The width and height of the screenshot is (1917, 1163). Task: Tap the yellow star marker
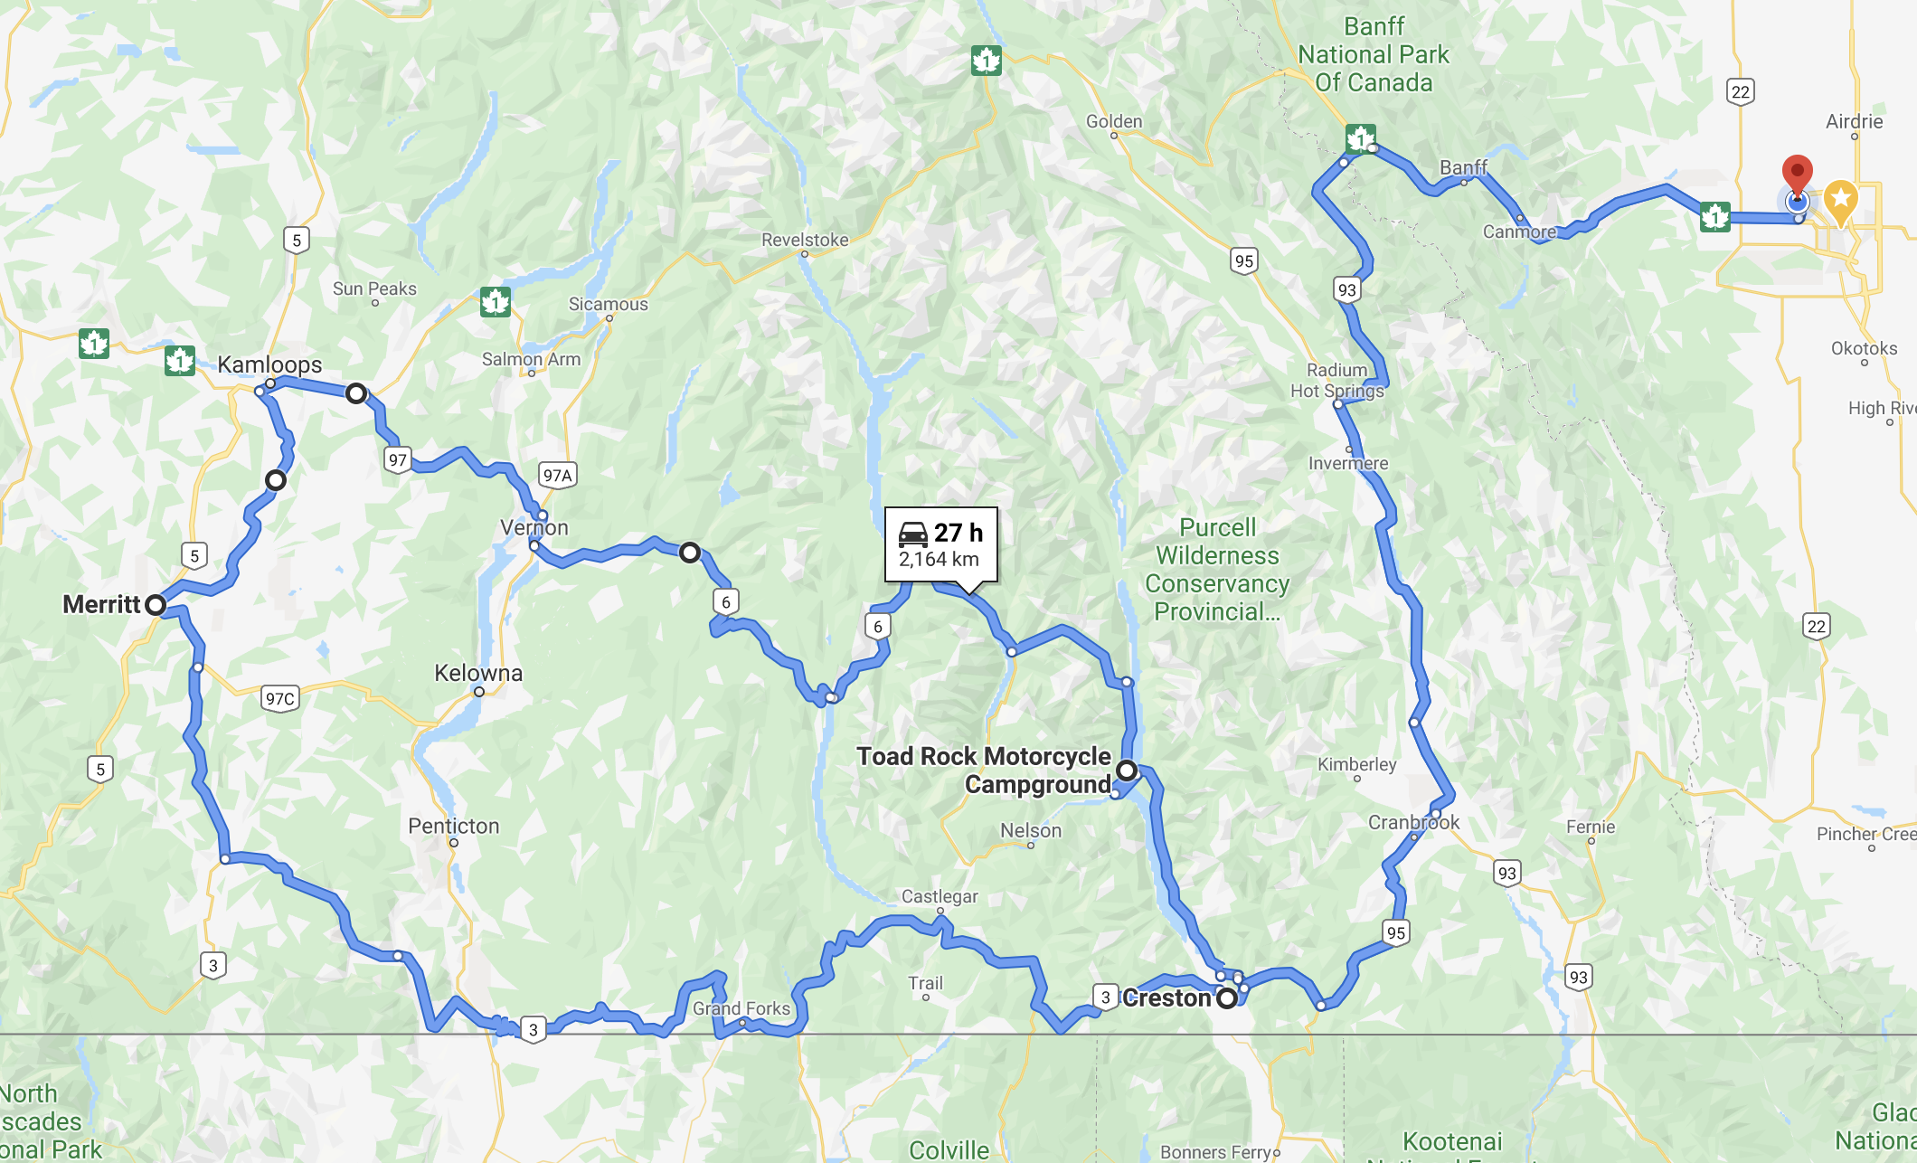point(1840,200)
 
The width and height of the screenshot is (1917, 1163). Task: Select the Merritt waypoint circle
point(156,604)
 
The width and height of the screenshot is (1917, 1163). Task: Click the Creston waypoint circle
point(1226,998)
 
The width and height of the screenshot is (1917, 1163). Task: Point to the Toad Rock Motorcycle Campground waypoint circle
point(1127,771)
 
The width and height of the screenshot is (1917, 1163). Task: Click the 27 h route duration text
point(958,533)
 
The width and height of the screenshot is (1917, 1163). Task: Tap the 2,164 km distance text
point(939,560)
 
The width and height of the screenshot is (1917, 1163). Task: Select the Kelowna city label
point(478,673)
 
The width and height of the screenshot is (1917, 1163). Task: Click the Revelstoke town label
point(805,240)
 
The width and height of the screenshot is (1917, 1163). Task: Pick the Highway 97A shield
point(557,475)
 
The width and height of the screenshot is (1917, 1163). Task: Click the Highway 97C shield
point(280,698)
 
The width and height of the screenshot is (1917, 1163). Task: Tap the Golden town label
point(1114,121)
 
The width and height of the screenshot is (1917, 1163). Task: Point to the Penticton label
point(454,826)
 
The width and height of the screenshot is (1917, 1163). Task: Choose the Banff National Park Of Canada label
point(1374,55)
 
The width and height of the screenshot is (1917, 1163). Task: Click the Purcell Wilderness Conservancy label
point(1217,569)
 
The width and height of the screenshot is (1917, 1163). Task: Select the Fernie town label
point(1591,827)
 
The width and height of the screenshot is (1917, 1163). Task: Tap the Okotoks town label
point(1864,348)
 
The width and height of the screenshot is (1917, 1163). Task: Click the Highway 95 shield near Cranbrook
point(1395,932)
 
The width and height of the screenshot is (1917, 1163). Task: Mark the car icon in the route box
point(913,534)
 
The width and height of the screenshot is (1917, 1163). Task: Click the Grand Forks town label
point(741,1007)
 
